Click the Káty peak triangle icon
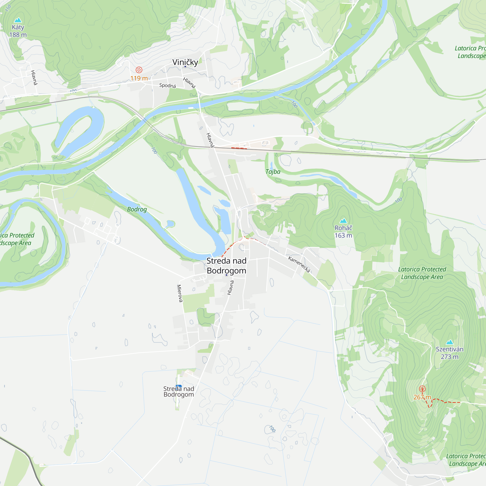[x=18, y=20]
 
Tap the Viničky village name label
[x=185, y=62]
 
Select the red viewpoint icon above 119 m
[x=139, y=70]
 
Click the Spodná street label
[x=167, y=85]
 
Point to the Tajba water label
[x=273, y=172]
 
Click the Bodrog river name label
[x=137, y=209]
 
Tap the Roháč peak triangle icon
[x=343, y=221]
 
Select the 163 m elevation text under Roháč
[x=343, y=235]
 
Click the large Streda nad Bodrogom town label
[x=226, y=266]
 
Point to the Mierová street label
[x=179, y=293]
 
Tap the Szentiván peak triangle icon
[x=450, y=342]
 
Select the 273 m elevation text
[x=450, y=357]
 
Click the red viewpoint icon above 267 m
[x=422, y=389]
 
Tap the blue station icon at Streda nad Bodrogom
[x=179, y=386]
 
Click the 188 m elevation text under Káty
[x=18, y=35]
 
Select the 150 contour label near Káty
[x=8, y=8]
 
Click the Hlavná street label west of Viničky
[x=34, y=78]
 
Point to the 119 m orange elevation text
[x=139, y=78]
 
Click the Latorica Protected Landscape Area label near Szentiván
[x=422, y=273]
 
